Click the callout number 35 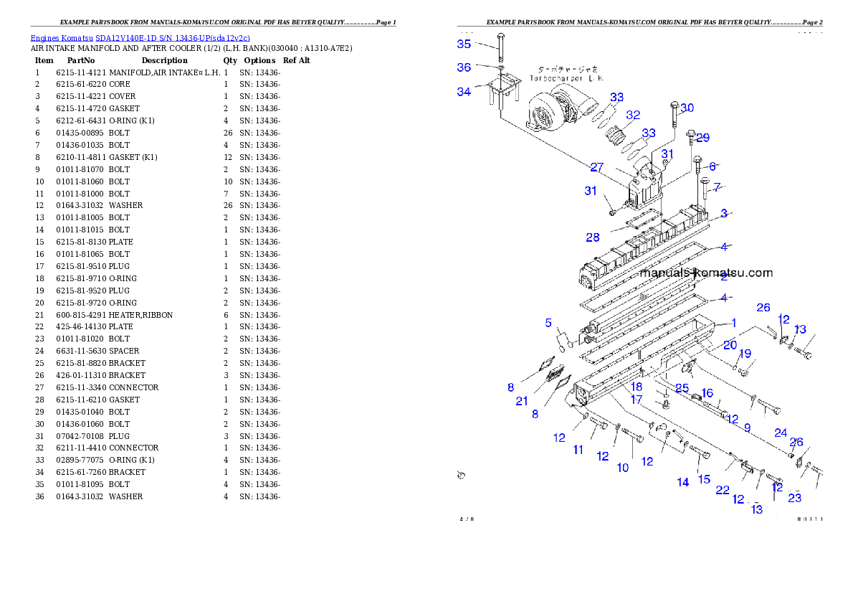pyautogui.click(x=464, y=44)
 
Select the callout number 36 pyautogui.click(x=464, y=67)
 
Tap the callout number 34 pyautogui.click(x=464, y=92)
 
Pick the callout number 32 pyautogui.click(x=632, y=115)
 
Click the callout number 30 pyautogui.click(x=687, y=108)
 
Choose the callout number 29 pyautogui.click(x=702, y=138)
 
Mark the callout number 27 pyautogui.click(x=596, y=167)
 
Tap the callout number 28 pyautogui.click(x=593, y=237)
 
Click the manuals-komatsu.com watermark pyautogui.click(x=707, y=273)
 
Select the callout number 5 pyautogui.click(x=548, y=322)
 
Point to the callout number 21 pyautogui.click(x=522, y=401)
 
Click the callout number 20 pyautogui.click(x=730, y=345)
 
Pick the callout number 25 pyautogui.click(x=682, y=388)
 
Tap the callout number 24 pyautogui.click(x=781, y=433)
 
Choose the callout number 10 pyautogui.click(x=623, y=468)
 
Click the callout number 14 pyautogui.click(x=683, y=482)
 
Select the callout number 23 pyautogui.click(x=794, y=498)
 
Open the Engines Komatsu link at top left pyautogui.click(x=140, y=38)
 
